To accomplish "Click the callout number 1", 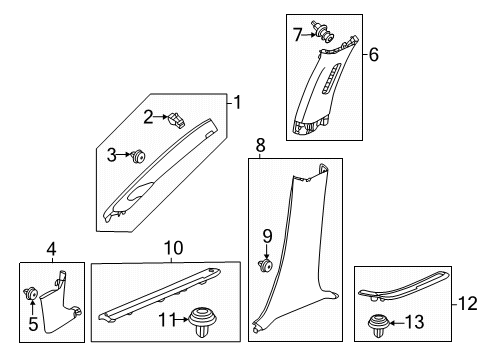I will tap(238, 101).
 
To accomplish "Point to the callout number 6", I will tap(374, 56).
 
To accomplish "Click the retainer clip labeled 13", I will tap(380, 323).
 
